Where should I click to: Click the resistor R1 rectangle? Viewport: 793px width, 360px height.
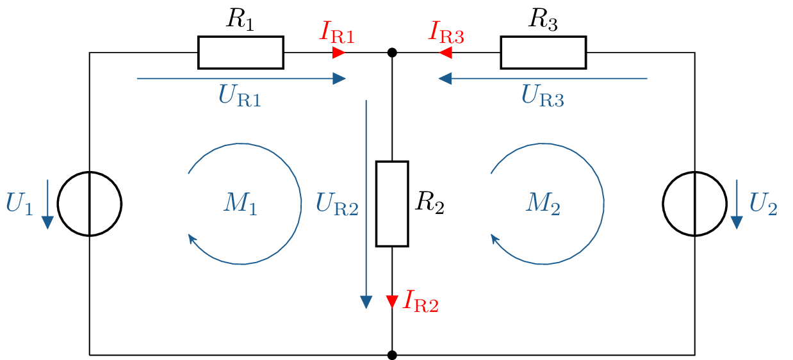[240, 53]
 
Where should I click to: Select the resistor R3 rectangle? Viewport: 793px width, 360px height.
[543, 53]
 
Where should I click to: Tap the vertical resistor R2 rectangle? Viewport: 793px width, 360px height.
[392, 204]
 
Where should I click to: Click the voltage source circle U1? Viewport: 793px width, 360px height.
[90, 204]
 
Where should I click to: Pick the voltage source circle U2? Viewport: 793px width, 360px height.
[694, 204]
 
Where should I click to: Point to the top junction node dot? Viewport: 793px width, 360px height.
[392, 53]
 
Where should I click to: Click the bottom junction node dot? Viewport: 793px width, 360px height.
[392, 354]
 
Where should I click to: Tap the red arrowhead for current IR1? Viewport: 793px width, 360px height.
[339, 53]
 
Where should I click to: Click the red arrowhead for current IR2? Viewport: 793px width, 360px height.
[392, 301]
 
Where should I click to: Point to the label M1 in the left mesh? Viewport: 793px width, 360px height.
[240, 204]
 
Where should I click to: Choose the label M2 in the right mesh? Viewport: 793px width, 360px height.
[543, 204]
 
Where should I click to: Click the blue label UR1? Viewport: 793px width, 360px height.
[240, 96]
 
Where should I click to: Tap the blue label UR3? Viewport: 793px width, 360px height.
[543, 96]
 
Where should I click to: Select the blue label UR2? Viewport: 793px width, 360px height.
[337, 204]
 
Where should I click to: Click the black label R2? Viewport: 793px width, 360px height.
[429, 204]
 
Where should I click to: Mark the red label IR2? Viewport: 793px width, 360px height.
[420, 300]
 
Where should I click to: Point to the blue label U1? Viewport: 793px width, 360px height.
[19, 204]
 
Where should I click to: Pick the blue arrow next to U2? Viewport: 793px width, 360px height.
[737, 204]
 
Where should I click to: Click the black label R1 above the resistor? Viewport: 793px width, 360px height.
[240, 20]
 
